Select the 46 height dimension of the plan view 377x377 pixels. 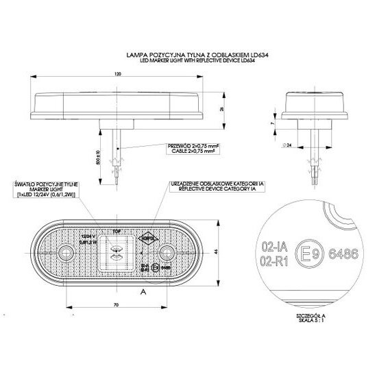(216, 251)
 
